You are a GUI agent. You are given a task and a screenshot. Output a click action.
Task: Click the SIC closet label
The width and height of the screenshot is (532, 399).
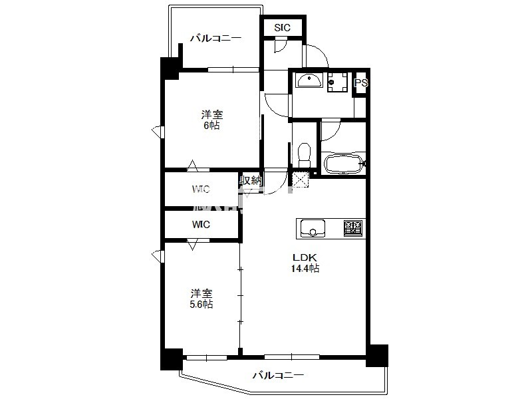tap(282, 27)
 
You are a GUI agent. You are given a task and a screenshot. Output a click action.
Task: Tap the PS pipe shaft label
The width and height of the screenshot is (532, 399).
tap(360, 82)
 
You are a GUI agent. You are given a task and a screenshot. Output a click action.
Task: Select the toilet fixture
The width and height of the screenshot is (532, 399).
tap(304, 155)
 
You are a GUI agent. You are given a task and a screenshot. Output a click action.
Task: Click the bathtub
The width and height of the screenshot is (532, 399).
tap(343, 164)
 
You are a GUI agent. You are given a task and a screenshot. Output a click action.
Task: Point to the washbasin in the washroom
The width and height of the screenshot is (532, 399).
tap(309, 80)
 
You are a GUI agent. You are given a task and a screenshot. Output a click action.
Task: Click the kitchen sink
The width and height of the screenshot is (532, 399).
tap(313, 228)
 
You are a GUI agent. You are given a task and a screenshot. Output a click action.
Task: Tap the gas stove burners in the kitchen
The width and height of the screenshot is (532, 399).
tap(353, 228)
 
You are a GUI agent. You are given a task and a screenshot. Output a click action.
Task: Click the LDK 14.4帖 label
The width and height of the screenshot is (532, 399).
tap(305, 263)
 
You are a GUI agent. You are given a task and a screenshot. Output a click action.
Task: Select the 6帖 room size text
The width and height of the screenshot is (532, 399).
tap(211, 126)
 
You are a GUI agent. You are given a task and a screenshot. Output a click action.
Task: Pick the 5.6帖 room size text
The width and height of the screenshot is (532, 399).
tap(201, 305)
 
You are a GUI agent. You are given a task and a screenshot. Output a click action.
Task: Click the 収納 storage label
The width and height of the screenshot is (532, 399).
tap(251, 180)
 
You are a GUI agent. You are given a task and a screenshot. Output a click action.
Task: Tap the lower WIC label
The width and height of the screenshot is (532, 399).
tap(201, 224)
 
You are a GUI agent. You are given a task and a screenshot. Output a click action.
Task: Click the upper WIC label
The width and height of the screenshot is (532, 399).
tap(201, 189)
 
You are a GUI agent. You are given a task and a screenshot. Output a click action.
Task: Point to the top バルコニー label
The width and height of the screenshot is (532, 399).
tap(215, 38)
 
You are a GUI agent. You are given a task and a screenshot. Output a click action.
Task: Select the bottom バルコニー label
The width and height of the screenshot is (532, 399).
tap(278, 375)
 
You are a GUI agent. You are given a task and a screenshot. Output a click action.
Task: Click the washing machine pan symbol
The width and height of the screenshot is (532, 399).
tap(338, 82)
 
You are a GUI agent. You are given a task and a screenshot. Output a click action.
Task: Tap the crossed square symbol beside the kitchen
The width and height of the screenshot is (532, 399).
tap(301, 180)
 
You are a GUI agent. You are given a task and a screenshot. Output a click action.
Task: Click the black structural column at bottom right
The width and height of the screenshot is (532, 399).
tap(377, 355)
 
